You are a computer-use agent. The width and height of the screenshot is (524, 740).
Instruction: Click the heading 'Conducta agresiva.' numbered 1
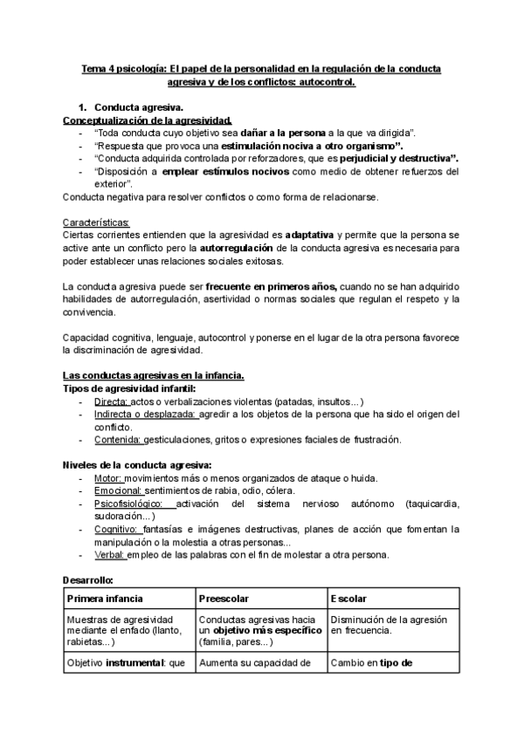138,106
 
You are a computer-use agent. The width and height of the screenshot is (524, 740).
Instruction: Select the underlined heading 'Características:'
96,223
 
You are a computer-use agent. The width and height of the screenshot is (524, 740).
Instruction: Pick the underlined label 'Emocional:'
118,491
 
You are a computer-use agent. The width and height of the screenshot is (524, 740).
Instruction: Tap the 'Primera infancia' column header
105,599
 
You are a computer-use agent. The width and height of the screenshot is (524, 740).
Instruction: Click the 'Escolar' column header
348,599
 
